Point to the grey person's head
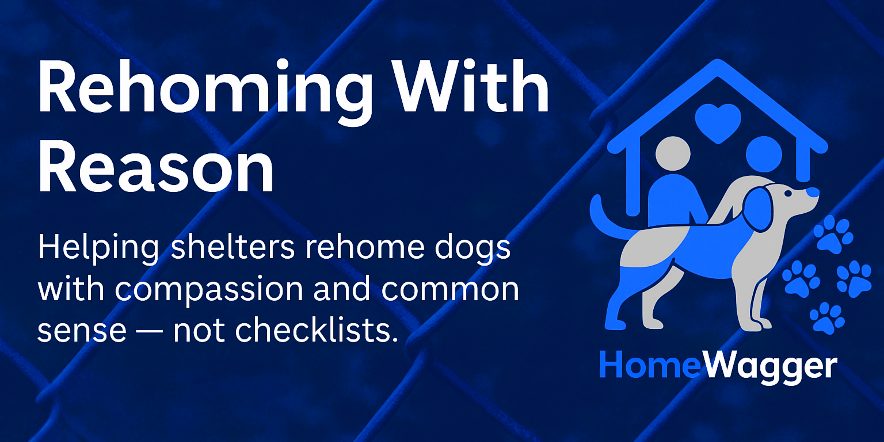pos(673,153)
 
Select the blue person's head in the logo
pos(764,154)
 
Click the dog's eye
pos(788,193)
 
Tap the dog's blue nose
pos(812,192)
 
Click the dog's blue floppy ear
pos(758,209)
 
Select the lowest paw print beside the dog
pos(827,318)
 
